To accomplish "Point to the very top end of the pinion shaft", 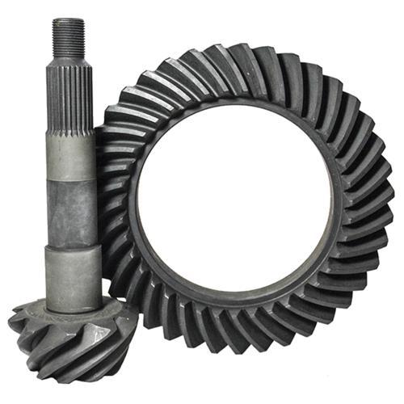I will click(68, 19).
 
